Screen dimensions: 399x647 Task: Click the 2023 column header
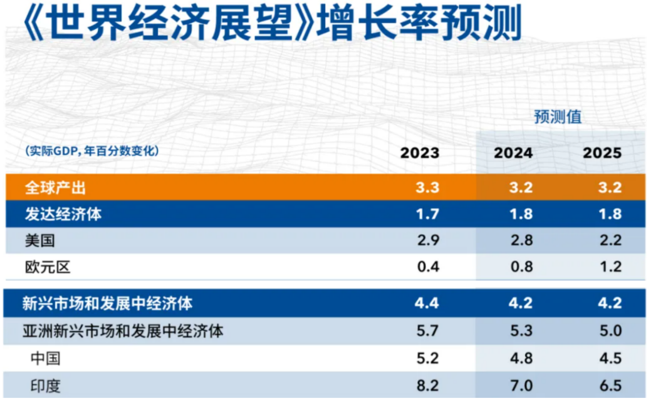420,153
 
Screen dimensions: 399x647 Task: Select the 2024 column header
513,153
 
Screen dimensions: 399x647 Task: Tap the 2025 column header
602,153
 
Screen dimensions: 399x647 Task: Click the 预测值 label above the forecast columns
557,117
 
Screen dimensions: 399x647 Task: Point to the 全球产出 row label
55,187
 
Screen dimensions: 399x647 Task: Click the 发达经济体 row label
63,214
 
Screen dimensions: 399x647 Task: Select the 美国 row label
40,241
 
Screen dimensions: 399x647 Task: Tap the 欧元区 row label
48,267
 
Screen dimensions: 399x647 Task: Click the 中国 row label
45,358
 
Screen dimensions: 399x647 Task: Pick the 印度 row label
45,386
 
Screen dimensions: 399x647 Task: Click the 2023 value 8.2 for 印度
427,386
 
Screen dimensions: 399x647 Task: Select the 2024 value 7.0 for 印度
521,386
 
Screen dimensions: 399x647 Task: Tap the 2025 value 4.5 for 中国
610,358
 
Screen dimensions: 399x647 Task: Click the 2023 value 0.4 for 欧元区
428,267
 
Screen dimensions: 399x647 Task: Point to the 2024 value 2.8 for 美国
521,240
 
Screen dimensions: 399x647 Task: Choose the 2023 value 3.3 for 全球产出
427,187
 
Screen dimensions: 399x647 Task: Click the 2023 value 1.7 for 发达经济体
427,214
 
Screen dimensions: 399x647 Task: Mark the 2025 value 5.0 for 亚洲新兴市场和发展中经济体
610,331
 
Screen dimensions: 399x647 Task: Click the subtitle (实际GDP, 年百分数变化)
92,151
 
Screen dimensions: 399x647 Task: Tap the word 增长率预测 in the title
419,23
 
